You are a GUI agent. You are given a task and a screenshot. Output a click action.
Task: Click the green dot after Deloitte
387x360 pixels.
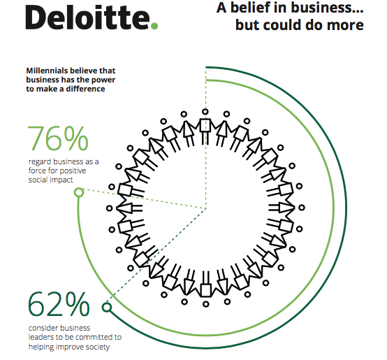154,26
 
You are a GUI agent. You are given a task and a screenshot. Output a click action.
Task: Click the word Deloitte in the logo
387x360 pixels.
87,17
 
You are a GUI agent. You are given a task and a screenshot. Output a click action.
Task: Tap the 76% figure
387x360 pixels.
58,138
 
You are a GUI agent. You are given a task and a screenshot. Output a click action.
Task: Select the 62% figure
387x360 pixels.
59,304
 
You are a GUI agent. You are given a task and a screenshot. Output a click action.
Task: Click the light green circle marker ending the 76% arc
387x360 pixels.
79,192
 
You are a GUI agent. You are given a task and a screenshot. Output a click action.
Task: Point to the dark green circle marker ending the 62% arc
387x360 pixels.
107,308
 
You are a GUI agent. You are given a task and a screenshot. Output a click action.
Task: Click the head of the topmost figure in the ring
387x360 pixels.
205,112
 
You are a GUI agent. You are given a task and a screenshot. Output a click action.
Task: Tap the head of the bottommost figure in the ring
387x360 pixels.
206,304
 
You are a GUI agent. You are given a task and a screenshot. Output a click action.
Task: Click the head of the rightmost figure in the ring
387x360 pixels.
302,208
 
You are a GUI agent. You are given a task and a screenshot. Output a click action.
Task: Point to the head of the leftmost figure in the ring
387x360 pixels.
110,208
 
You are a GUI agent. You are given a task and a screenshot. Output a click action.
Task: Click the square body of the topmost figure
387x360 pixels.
205,125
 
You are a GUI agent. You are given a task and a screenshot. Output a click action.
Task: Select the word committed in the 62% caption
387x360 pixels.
92,337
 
